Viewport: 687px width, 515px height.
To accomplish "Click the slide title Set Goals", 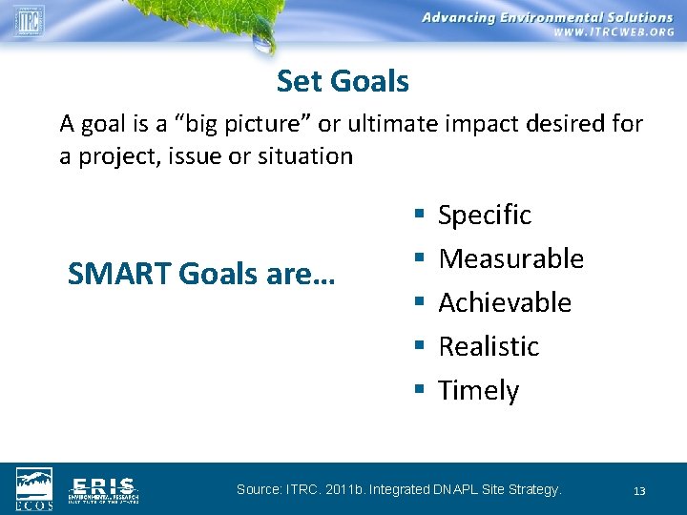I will tap(343, 82).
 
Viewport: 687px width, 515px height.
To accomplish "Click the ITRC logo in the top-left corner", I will tap(28, 20).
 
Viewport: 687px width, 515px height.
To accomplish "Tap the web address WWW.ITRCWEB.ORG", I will tap(614, 31).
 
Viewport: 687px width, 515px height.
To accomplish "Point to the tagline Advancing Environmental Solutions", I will tap(547, 17).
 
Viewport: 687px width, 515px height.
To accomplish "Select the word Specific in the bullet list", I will tap(484, 216).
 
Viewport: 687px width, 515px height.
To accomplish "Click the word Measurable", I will tap(510, 259).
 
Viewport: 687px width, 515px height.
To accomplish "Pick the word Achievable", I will tap(504, 303).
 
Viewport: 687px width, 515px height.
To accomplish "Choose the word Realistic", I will tap(489, 347).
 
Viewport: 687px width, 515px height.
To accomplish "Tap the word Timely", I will tap(478, 391).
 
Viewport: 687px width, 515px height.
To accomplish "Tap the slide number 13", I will tap(639, 491).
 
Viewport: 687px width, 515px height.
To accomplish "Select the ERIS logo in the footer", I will tap(103, 488).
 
